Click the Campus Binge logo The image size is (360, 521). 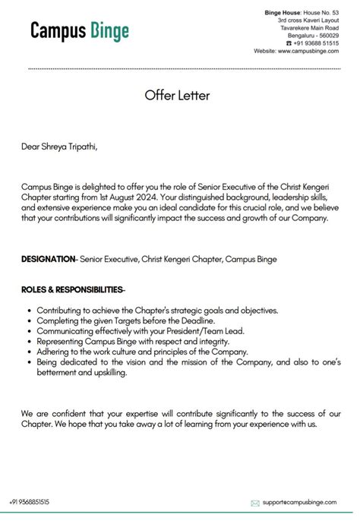[x=80, y=31]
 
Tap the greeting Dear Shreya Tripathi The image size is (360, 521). [x=60, y=147]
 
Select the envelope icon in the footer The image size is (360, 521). [x=255, y=503]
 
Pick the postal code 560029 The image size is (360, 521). [x=329, y=35]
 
